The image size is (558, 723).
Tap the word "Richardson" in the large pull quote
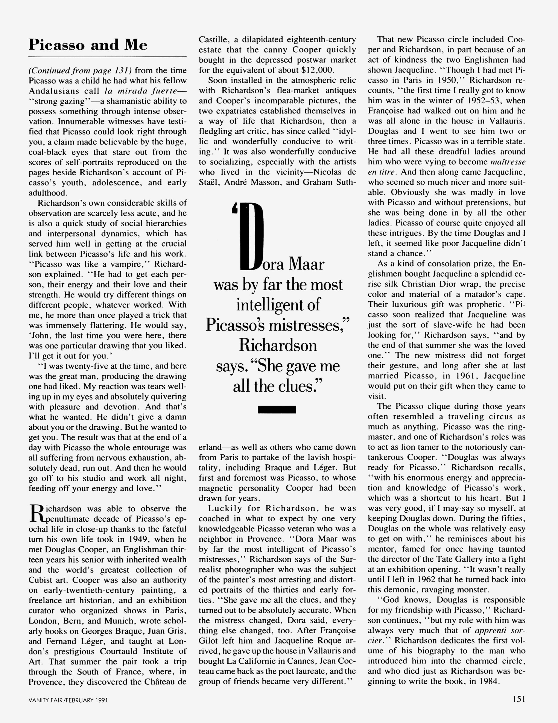(278, 346)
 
